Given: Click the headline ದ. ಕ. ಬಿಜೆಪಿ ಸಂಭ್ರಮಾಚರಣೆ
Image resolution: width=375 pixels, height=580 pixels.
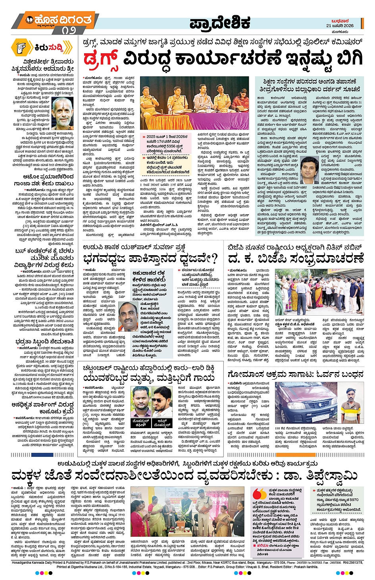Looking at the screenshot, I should (296, 259).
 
